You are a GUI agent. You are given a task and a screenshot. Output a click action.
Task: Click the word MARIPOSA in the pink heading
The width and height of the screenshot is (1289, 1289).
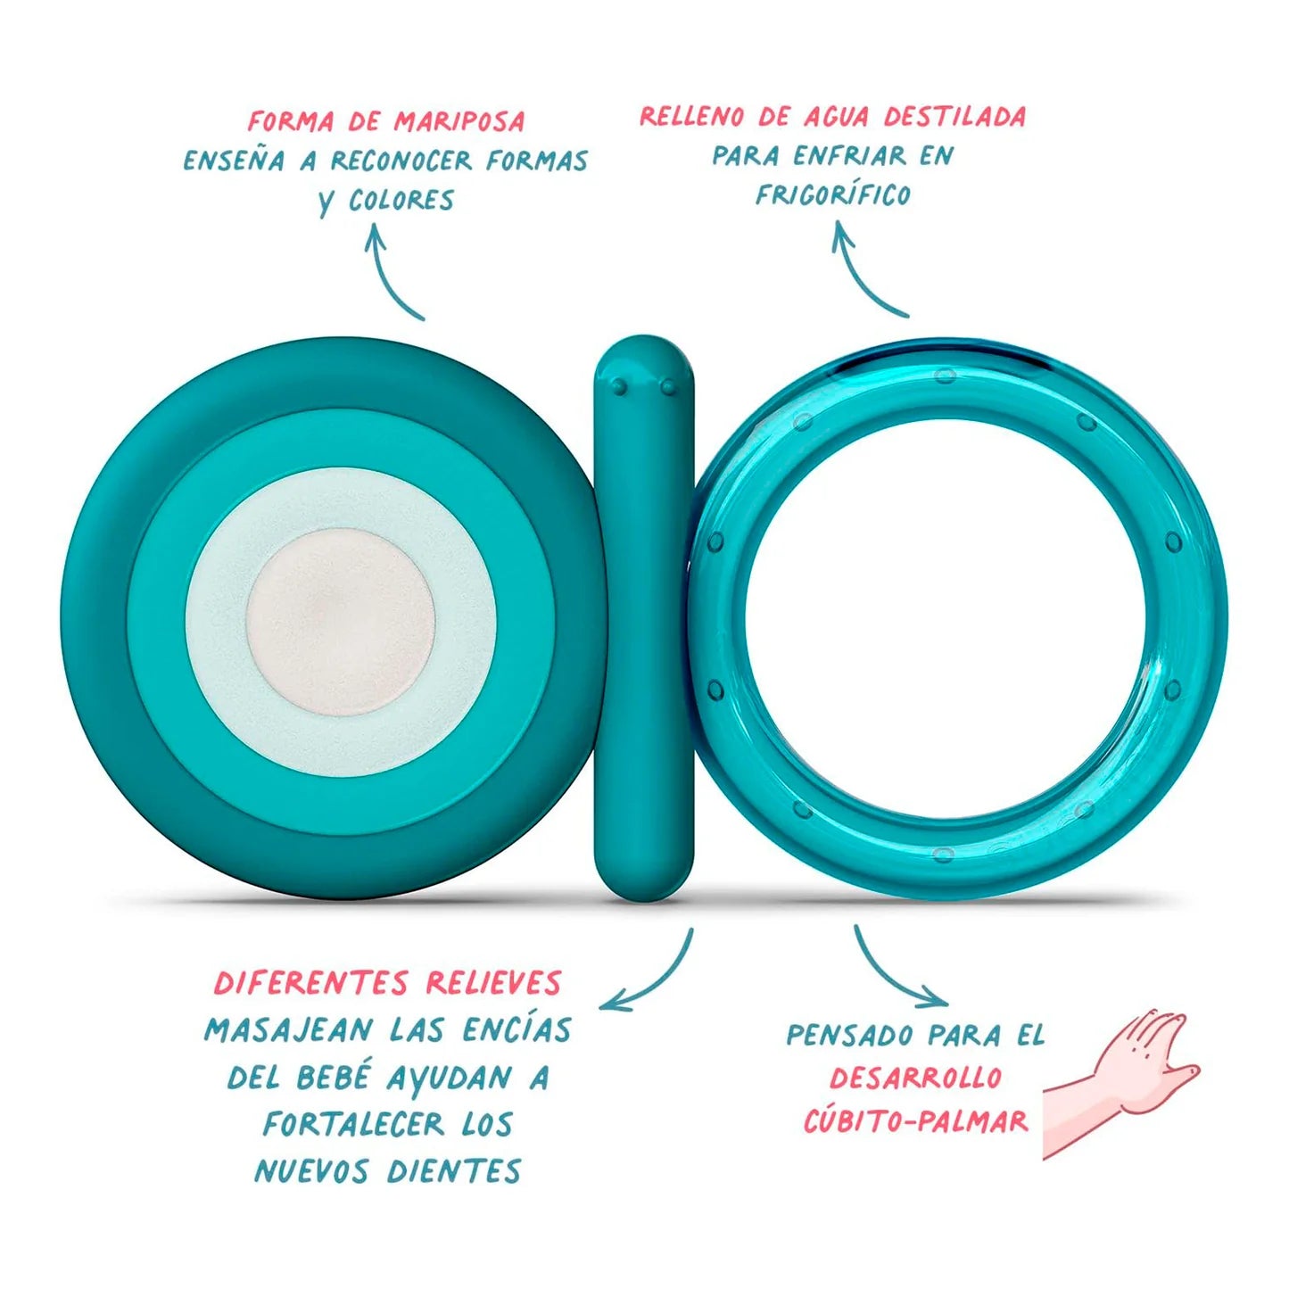click(459, 120)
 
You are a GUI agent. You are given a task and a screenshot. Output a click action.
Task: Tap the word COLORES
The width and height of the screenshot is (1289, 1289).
click(401, 200)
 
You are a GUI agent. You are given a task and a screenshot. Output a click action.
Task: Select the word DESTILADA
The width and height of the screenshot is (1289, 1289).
click(954, 117)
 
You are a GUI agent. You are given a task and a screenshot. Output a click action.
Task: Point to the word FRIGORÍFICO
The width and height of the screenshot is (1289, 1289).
click(833, 194)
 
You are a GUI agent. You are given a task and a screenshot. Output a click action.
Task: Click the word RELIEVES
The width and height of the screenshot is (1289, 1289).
click(493, 983)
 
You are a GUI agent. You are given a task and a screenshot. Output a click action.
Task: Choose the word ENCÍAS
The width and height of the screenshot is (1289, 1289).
click(516, 1030)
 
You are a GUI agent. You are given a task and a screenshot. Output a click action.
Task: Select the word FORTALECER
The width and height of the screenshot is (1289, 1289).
click(353, 1124)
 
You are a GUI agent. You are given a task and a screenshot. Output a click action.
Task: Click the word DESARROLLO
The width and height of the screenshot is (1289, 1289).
click(915, 1078)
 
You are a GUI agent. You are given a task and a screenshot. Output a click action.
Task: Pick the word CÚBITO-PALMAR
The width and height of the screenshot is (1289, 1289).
click(915, 1121)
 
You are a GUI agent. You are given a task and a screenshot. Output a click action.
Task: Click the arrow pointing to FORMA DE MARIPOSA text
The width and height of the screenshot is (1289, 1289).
click(392, 272)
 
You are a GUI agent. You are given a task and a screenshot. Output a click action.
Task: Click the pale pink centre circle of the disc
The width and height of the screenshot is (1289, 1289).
click(340, 622)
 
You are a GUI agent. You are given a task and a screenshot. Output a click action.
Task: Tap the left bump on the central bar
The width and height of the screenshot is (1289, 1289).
click(618, 386)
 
